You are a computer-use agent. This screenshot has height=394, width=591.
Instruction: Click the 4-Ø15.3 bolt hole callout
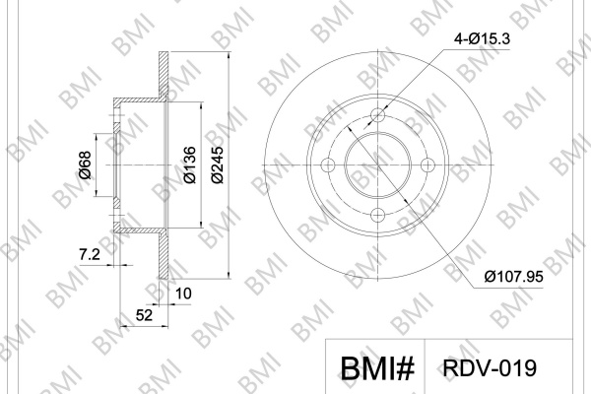click(x=482, y=38)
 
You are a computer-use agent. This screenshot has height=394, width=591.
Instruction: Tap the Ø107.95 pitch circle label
click(x=514, y=277)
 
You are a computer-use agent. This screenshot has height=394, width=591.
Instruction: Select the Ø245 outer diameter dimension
click(x=218, y=164)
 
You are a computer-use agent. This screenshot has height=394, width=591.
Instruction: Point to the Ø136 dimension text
click(x=190, y=164)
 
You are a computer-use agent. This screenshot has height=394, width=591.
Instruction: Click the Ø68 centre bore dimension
click(x=85, y=164)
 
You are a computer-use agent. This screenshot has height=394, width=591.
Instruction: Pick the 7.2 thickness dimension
click(x=90, y=255)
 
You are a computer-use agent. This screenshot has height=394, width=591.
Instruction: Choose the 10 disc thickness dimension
click(x=183, y=294)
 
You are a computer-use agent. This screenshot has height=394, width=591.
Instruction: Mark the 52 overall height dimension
click(x=145, y=315)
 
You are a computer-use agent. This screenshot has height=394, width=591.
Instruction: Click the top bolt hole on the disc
click(x=378, y=114)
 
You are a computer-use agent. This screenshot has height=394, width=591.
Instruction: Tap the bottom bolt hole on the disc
click(x=378, y=216)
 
